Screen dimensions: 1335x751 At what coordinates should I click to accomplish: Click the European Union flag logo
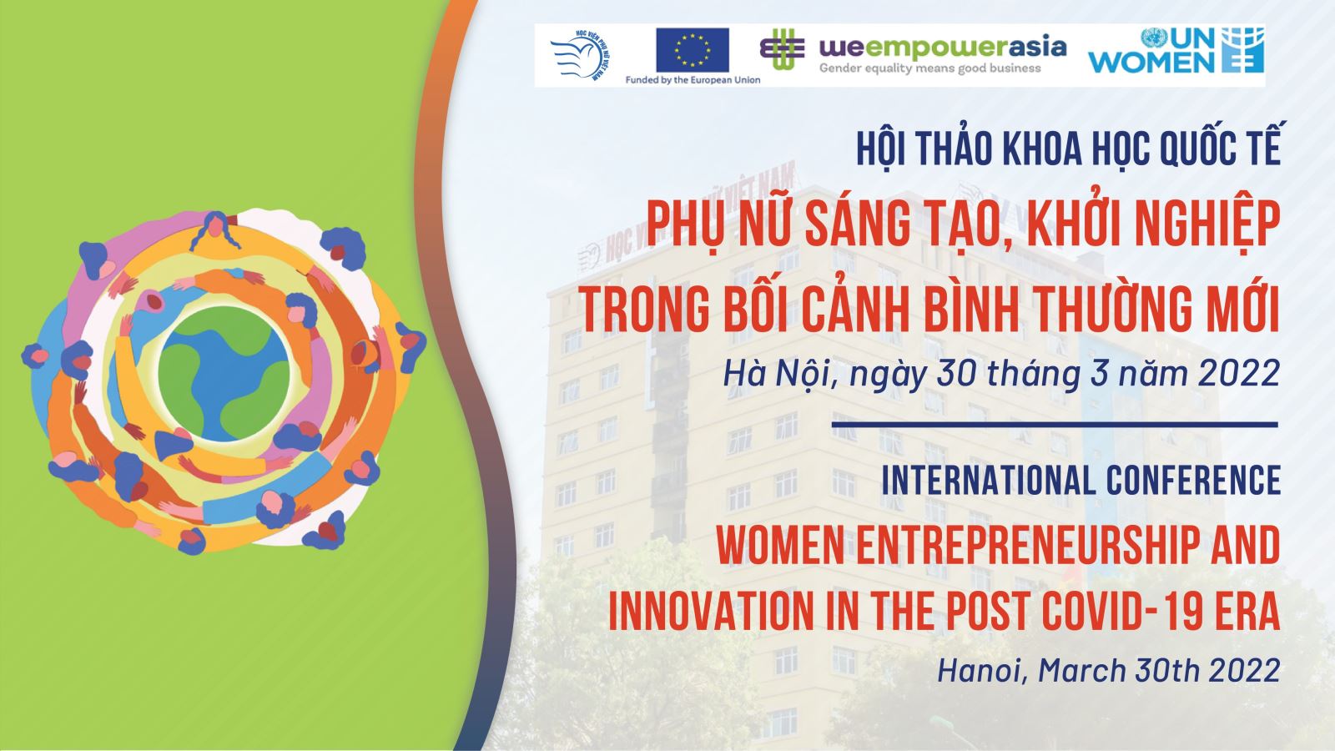coord(692,49)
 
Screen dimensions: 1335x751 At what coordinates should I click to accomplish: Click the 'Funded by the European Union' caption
coord(693,80)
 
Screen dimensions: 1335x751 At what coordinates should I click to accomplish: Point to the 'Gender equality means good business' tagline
coord(929,68)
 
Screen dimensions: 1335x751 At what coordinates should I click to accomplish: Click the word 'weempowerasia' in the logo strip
coord(942,47)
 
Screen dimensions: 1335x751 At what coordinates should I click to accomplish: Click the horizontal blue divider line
coord(1055,425)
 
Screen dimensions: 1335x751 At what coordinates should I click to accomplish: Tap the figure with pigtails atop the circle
coord(215,230)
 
